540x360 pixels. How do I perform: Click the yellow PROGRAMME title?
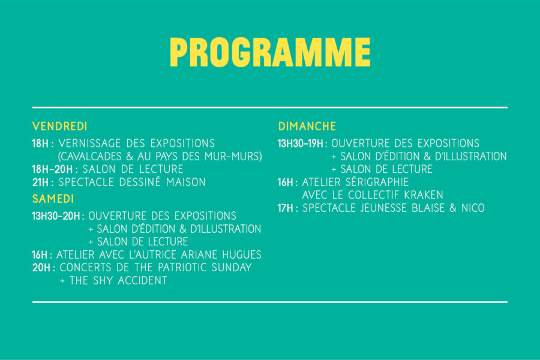pyautogui.click(x=270, y=52)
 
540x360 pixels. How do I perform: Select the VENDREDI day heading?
pyautogui.click(x=59, y=127)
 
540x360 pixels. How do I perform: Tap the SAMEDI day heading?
pyautogui.click(x=53, y=199)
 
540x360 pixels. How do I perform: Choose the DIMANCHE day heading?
pyautogui.click(x=307, y=127)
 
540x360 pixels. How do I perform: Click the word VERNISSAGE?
pyautogui.click(x=90, y=143)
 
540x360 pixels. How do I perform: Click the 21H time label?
pyautogui.click(x=40, y=182)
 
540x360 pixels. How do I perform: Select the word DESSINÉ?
pyautogui.click(x=140, y=182)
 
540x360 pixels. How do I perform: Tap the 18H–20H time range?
pyautogui.click(x=52, y=169)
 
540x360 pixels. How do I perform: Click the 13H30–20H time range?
pyautogui.click(x=56, y=216)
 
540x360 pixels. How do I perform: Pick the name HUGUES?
pyautogui.click(x=242, y=255)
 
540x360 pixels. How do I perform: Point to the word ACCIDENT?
pyautogui.click(x=143, y=280)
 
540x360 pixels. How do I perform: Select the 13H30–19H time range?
pyautogui.click(x=301, y=143)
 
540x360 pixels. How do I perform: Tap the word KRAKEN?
pyautogui.click(x=424, y=195)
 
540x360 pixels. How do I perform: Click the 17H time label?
pyautogui.click(x=286, y=208)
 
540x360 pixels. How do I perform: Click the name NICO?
pyautogui.click(x=473, y=208)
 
